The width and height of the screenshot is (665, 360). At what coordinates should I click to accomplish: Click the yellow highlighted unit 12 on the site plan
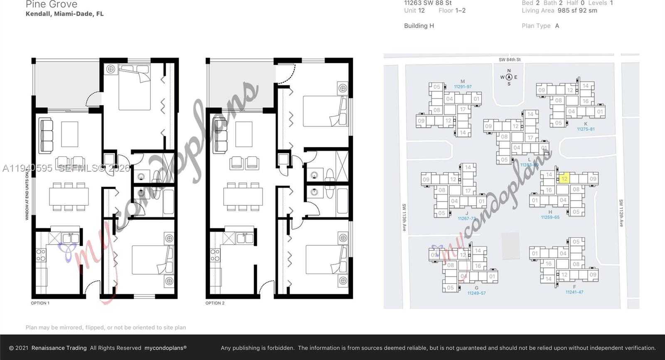[564, 178]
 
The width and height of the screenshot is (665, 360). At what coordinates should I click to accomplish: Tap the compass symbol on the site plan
[509, 77]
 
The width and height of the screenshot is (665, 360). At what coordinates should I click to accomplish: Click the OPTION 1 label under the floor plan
[40, 303]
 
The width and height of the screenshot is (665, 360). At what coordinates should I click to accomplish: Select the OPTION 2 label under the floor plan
[215, 303]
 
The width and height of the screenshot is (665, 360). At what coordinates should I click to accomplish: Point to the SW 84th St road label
[510, 60]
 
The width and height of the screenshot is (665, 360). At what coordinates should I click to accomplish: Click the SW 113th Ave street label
[404, 217]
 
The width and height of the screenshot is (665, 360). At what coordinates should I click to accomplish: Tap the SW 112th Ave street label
[621, 213]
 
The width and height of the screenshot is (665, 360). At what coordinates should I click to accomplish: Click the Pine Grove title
[52, 5]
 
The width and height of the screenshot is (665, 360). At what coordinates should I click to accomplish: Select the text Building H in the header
[419, 26]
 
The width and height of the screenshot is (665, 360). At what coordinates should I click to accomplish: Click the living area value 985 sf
[569, 10]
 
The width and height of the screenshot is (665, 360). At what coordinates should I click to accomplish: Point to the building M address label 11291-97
[463, 87]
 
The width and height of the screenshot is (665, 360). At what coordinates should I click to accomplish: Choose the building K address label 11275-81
[586, 129]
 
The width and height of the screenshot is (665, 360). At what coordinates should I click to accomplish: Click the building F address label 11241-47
[574, 292]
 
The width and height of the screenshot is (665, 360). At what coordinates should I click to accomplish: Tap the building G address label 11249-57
[476, 293]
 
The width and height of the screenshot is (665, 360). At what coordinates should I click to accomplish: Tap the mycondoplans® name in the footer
[165, 348]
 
